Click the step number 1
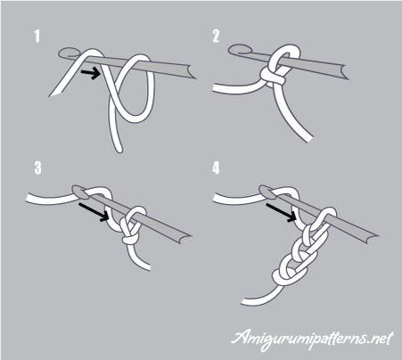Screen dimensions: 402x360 [x=37, y=36]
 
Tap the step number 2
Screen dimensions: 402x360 [x=216, y=36]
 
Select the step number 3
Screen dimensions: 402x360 [x=37, y=168]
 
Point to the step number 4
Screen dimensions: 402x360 [x=216, y=168]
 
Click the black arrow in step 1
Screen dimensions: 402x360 [x=91, y=73]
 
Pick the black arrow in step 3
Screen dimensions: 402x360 [x=94, y=212]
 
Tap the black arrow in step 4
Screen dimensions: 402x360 [x=282, y=212]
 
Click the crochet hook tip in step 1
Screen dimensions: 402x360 [x=69, y=53]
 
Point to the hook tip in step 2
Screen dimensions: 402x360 [x=239, y=50]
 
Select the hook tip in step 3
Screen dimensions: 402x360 [x=80, y=192]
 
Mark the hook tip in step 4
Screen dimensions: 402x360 [x=267, y=192]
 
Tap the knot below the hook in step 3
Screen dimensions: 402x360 [x=129, y=239]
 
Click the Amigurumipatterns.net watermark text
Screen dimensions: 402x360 [x=312, y=340]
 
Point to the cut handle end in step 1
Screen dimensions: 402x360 [x=191, y=72]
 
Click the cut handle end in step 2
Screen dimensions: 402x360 [x=344, y=73]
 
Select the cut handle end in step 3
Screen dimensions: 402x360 [x=185, y=238]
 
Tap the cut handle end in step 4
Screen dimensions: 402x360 [x=372, y=238]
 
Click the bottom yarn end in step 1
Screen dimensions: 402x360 [x=118, y=149]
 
